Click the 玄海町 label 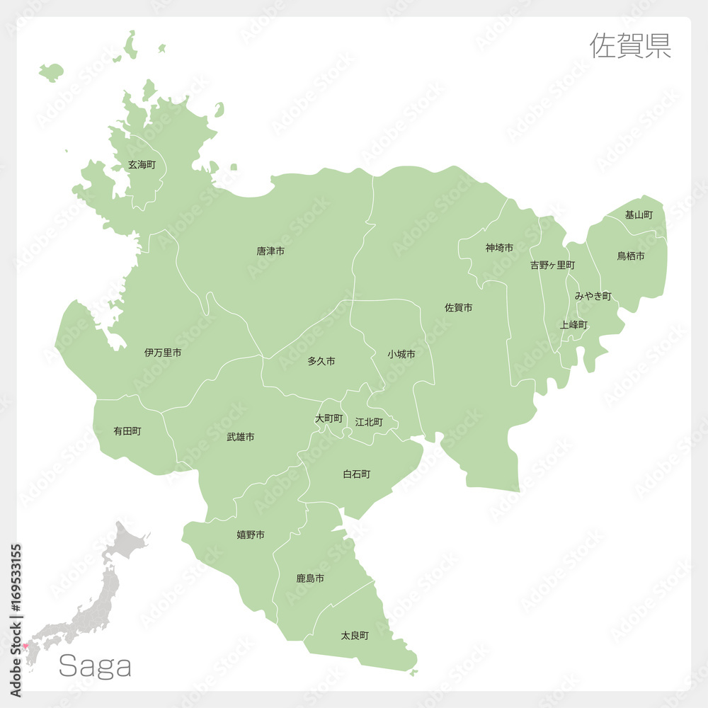pos(142,165)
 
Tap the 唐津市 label pos(270,251)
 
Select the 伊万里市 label pos(163,353)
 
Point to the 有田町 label pos(127,430)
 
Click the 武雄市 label pos(241,438)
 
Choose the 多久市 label pos(321,362)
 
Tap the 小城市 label pos(401,354)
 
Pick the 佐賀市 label pos(459,308)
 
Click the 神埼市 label pos(500,248)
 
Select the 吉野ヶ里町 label pos(552,265)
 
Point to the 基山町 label pos(639,215)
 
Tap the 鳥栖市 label pos(631,256)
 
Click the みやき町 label pos(593,296)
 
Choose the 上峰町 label pos(573,325)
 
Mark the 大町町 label pos(329,419)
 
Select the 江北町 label pos(369,422)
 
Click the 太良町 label pos(355,636)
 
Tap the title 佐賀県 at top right pos(630,45)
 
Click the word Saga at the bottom pos(95,666)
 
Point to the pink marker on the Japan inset pos(25,646)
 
